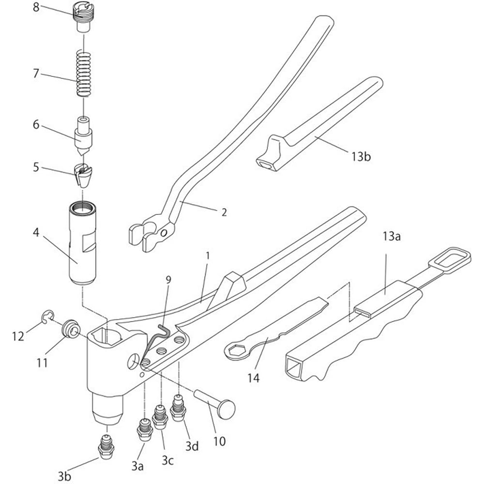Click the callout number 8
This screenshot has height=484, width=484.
[36, 7]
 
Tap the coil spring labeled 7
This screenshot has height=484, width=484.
[84, 74]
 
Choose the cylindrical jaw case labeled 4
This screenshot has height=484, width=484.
[82, 243]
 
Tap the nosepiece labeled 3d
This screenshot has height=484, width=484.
[179, 408]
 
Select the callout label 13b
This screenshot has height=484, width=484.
[361, 156]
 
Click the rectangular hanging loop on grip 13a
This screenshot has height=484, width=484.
[450, 260]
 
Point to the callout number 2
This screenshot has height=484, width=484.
[224, 212]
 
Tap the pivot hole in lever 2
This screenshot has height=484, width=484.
[164, 232]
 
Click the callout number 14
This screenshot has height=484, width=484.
[254, 378]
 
